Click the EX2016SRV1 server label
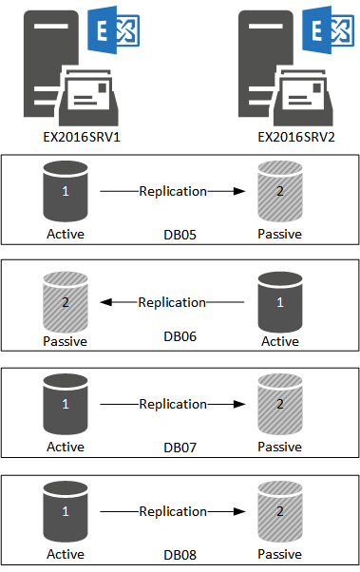click(65, 138)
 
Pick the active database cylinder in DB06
click(280, 303)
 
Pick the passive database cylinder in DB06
click(66, 303)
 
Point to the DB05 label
click(180, 234)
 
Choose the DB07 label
click(180, 447)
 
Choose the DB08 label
click(180, 554)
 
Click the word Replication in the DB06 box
click(172, 302)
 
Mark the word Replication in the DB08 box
click(173, 511)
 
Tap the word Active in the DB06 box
click(280, 341)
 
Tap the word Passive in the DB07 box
click(280, 447)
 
